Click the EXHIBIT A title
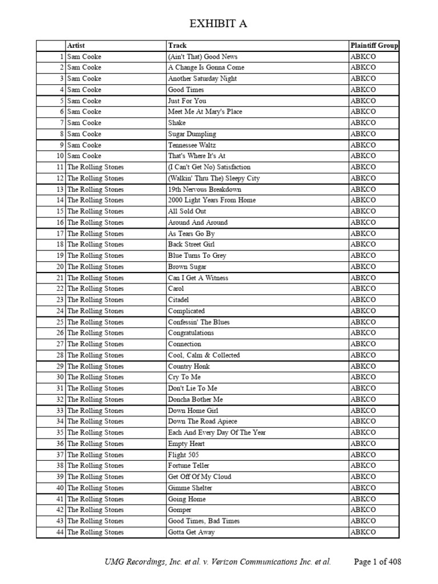click(x=218, y=23)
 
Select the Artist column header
click(x=76, y=46)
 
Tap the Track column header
click(x=177, y=46)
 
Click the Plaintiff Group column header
click(x=374, y=46)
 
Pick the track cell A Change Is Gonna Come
click(x=206, y=68)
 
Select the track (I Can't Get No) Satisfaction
click(x=209, y=167)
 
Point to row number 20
click(x=60, y=267)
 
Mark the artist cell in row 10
click(x=84, y=156)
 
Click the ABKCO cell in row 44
click(x=363, y=532)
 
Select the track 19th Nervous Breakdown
click(x=204, y=189)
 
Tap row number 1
click(x=62, y=56)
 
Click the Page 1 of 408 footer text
click(x=378, y=562)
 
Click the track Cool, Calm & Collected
click(x=204, y=355)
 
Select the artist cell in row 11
click(x=95, y=167)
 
